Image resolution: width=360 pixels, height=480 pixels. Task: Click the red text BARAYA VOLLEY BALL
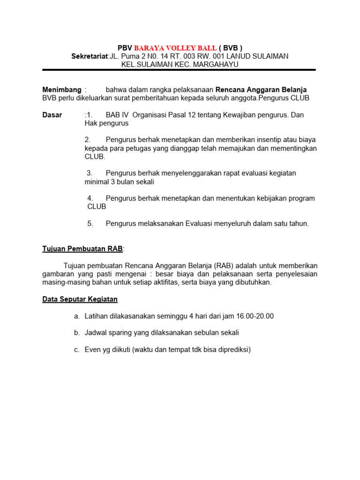(x=175, y=48)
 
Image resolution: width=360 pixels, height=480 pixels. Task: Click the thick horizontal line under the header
(x=179, y=70)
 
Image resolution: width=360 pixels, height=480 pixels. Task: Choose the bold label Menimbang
(x=62, y=90)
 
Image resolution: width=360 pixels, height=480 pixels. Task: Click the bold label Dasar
(x=52, y=115)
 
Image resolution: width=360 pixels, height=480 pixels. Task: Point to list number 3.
(x=90, y=173)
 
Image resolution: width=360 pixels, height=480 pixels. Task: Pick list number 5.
(x=90, y=224)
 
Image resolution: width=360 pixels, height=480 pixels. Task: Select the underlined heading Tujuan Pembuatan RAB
(x=83, y=248)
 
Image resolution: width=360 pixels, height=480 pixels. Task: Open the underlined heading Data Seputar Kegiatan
(x=80, y=299)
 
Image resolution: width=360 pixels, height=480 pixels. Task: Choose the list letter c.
(x=76, y=350)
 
